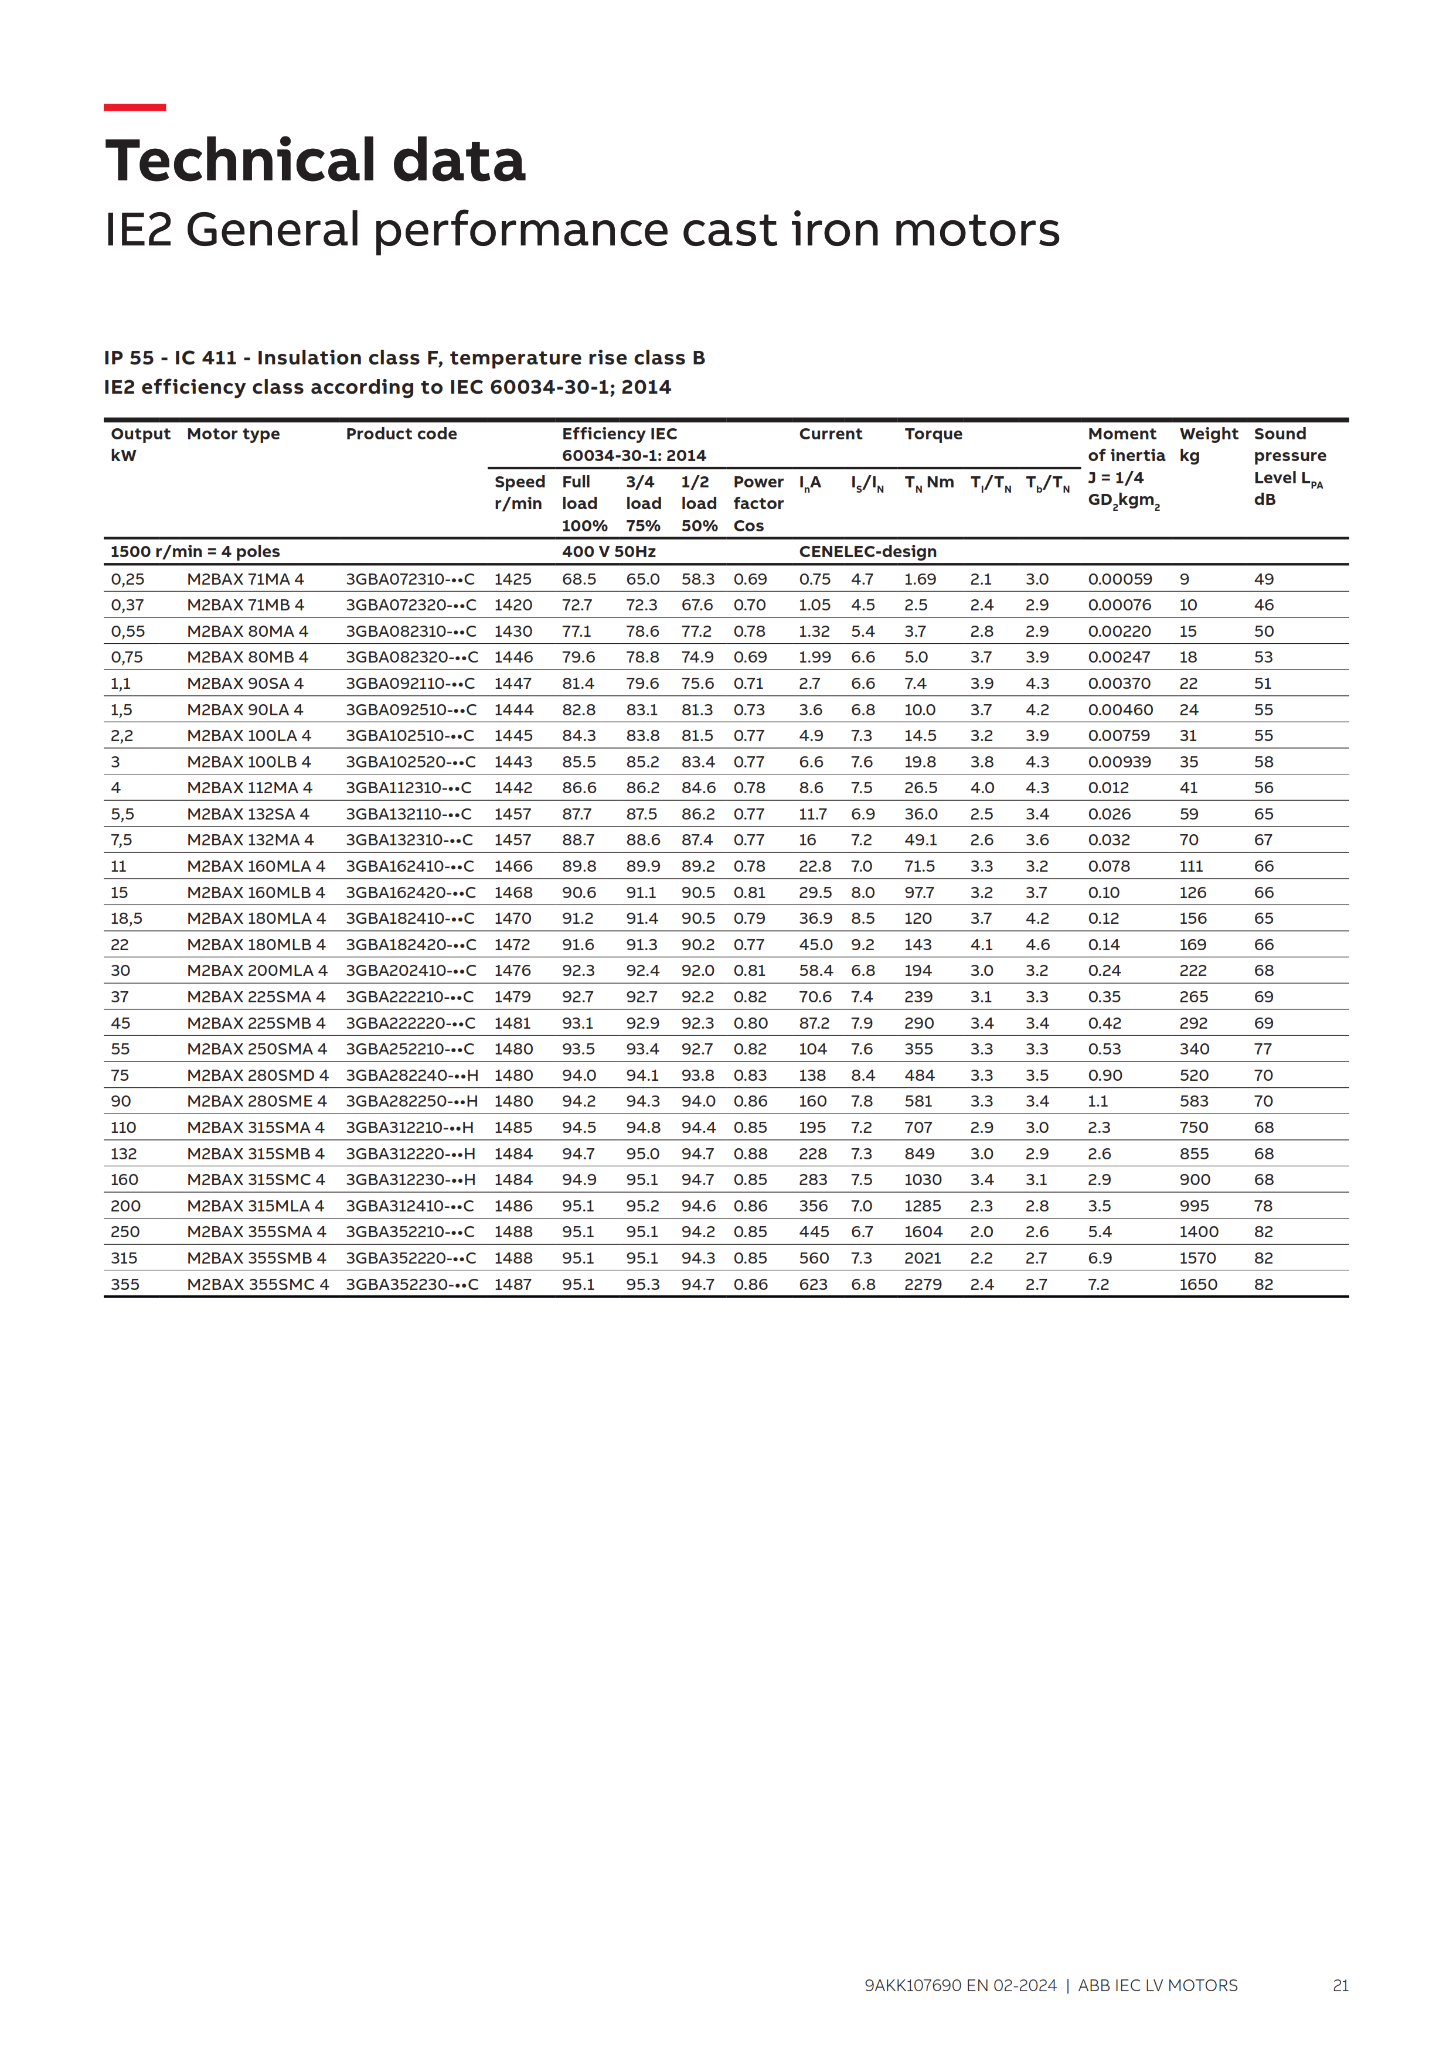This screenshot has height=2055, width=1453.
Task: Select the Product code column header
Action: pyautogui.click(x=401, y=434)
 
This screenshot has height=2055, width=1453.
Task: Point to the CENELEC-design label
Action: pyautogui.click(x=867, y=551)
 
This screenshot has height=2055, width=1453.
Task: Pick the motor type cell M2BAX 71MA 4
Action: pyautogui.click(x=246, y=579)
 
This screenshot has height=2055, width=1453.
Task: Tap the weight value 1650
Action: pyautogui.click(x=1198, y=1284)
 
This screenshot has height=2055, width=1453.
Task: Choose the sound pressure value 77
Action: pyautogui.click(x=1263, y=1049)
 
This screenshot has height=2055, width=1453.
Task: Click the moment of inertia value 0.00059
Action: pyautogui.click(x=1120, y=579)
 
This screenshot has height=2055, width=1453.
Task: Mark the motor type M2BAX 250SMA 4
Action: pyautogui.click(x=257, y=1049)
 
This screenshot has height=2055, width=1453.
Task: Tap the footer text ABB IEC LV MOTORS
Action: pyautogui.click(x=1158, y=1985)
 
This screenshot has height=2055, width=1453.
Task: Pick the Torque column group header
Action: pyautogui.click(x=933, y=434)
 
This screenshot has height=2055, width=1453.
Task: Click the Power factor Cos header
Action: pyautogui.click(x=757, y=504)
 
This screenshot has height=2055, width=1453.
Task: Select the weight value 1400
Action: pyautogui.click(x=1198, y=1231)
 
